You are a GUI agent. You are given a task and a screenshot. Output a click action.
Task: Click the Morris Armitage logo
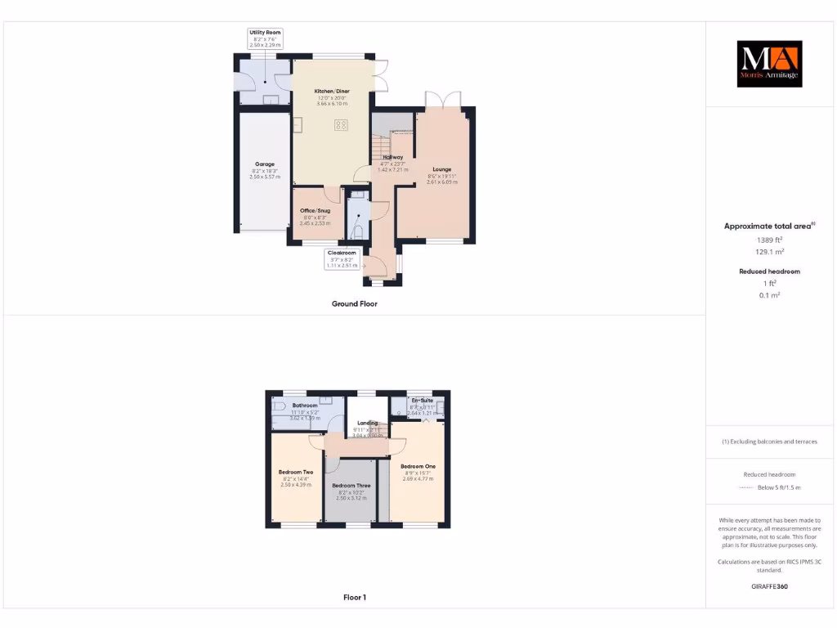pos(770,64)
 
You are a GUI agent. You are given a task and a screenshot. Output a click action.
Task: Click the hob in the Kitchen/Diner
pos(341,125)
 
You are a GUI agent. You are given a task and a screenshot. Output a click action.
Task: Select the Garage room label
pos(265,164)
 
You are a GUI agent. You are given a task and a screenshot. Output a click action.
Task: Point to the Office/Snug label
pos(316,210)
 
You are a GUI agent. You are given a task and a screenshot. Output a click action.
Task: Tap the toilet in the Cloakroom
pos(357,232)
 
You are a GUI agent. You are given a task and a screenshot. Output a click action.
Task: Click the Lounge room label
pos(441,170)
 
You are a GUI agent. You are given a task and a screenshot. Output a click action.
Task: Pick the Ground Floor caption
pos(354,303)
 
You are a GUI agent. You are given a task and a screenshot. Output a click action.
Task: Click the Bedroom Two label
pos(295,472)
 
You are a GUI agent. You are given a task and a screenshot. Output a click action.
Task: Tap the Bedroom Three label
pos(351,486)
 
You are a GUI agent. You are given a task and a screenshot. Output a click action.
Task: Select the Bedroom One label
pos(418,466)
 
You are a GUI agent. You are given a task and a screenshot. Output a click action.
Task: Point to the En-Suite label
pos(422,400)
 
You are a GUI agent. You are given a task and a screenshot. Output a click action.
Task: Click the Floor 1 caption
pos(354,598)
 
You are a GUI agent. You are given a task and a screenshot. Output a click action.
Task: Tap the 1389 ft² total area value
pos(768,240)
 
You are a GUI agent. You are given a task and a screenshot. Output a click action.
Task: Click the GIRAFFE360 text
pos(768,586)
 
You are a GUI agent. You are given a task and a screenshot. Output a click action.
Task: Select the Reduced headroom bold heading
pos(769,271)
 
